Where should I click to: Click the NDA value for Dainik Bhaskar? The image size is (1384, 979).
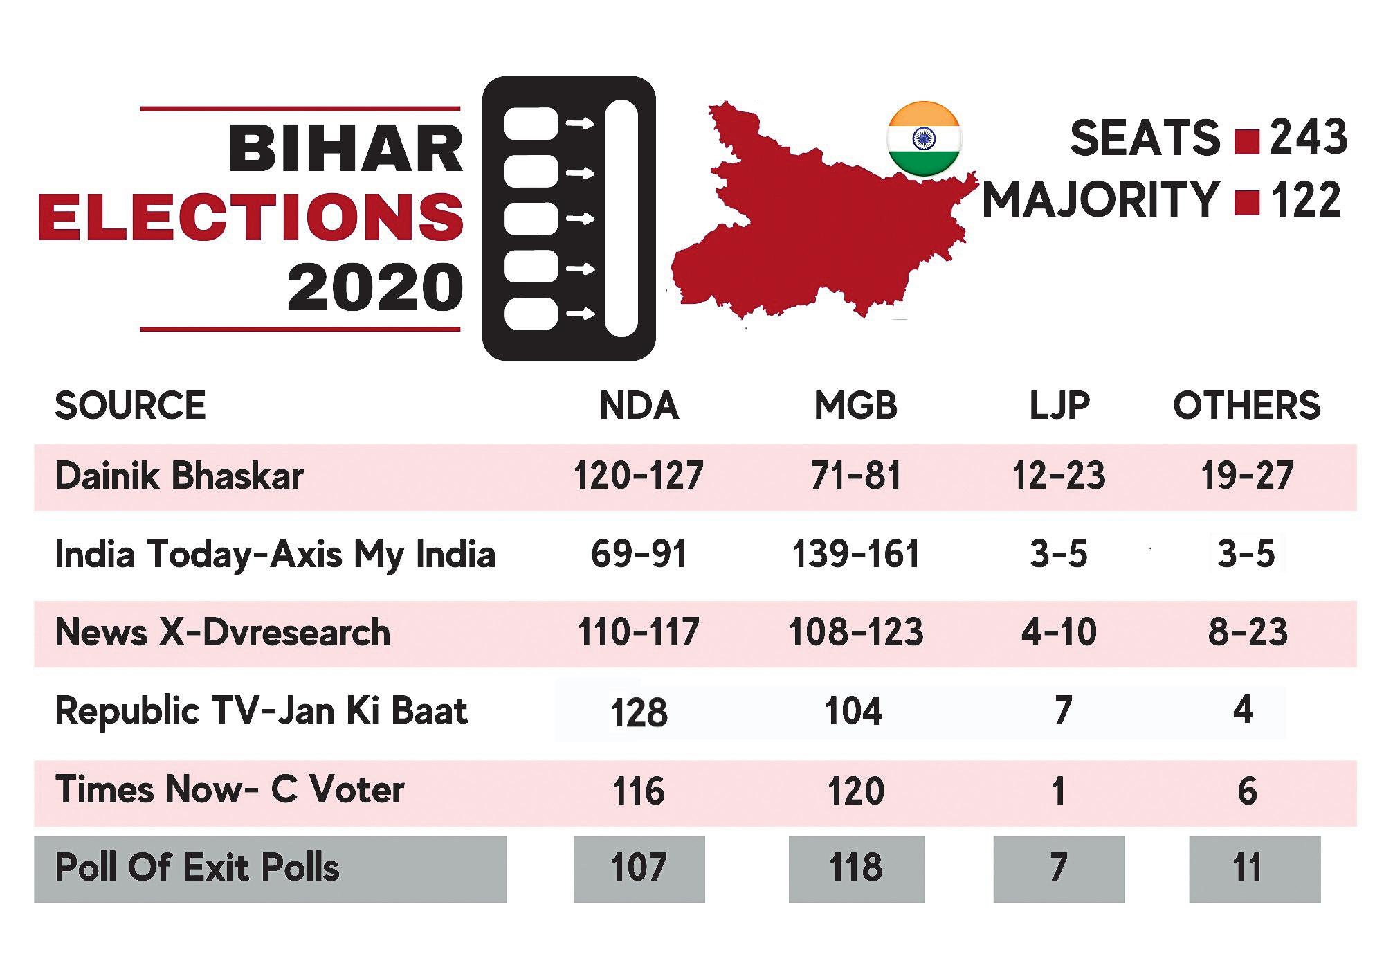638,476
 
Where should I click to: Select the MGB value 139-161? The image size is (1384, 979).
856,555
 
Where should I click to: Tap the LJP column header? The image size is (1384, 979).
1059,405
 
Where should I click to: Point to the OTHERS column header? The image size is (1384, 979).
1246,405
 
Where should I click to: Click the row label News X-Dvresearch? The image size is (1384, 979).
222,632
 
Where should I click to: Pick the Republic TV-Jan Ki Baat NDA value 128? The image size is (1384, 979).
639,712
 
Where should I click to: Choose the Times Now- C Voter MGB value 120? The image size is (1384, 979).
856,791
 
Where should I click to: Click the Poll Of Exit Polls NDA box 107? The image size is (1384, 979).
639,869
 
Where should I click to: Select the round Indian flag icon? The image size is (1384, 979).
924,138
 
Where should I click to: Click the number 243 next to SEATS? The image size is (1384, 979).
1309,137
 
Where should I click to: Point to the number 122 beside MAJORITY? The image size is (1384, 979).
1306,199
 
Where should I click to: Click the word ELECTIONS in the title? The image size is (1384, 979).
251,217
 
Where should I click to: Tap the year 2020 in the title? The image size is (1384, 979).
375,287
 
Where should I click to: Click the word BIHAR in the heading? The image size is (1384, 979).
346,149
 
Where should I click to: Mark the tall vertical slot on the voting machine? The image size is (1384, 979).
621,218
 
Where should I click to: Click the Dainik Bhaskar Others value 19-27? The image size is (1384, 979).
1247,476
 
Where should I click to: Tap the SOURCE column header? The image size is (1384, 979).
130,405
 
